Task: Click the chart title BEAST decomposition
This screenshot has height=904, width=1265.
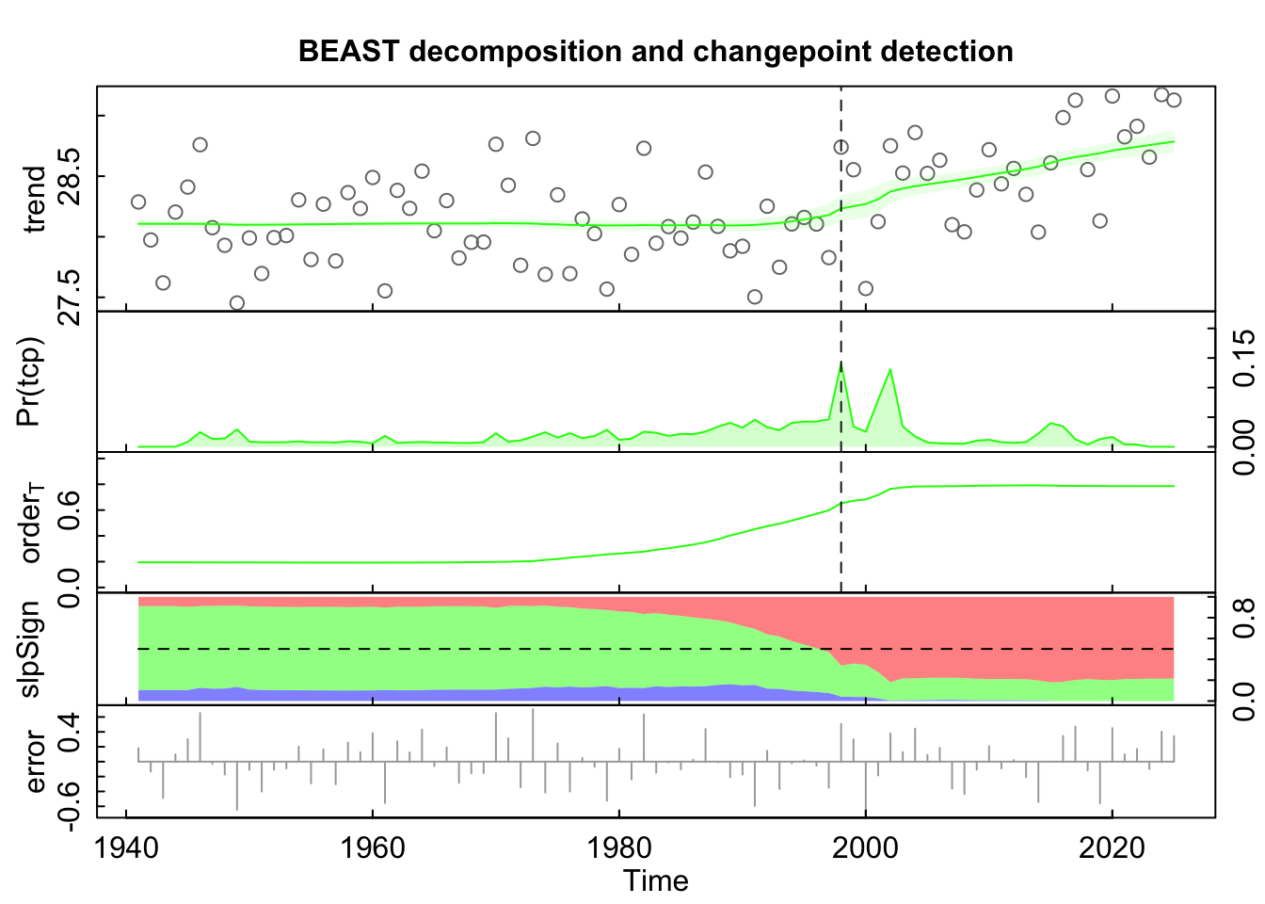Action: (x=655, y=51)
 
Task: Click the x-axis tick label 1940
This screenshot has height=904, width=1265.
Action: (x=127, y=847)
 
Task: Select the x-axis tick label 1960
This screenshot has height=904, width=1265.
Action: (x=374, y=847)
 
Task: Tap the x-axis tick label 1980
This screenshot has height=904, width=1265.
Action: (x=619, y=847)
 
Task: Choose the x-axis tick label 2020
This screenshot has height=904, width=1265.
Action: (x=1112, y=847)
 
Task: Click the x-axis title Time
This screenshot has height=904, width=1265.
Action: (x=655, y=881)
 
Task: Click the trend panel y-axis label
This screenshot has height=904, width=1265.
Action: (x=35, y=200)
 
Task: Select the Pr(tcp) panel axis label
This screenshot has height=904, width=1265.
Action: (x=35, y=380)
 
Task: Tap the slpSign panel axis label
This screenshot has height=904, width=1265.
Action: (x=35, y=649)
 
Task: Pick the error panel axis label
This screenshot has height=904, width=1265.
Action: (x=35, y=762)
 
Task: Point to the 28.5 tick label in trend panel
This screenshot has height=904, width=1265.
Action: (x=71, y=176)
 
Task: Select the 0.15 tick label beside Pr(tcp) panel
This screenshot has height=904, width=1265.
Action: (x=1244, y=357)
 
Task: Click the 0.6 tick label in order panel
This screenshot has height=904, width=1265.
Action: (x=71, y=510)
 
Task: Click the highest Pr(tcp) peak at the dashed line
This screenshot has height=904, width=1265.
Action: (x=841, y=363)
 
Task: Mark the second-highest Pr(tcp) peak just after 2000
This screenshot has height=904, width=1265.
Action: (x=890, y=370)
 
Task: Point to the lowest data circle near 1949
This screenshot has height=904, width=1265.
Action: (x=237, y=303)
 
